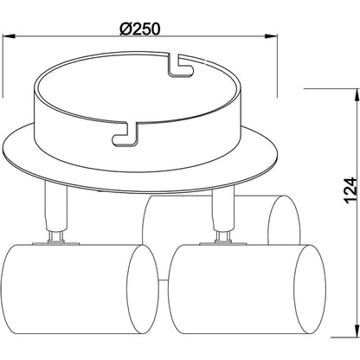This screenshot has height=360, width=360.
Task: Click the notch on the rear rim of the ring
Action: click(181, 63)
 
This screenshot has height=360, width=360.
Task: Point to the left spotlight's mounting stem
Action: click(56, 213)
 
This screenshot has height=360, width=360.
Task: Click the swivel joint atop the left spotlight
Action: click(56, 235)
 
